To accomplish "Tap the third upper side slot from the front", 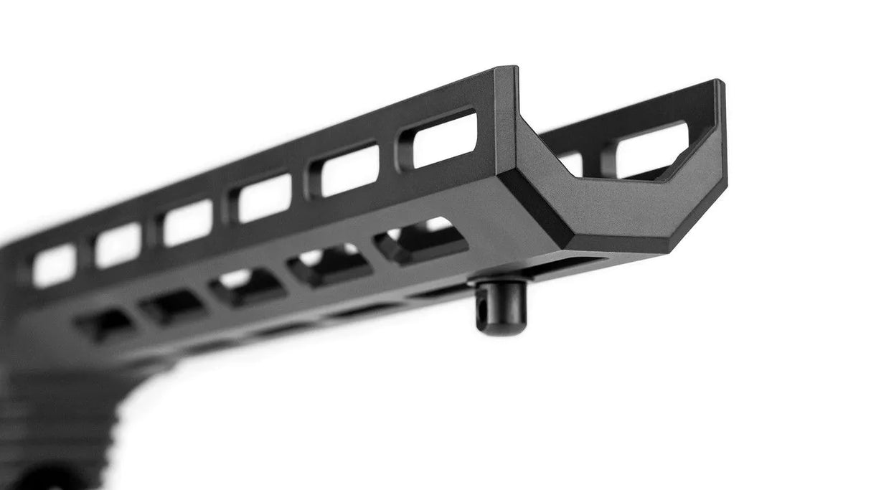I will (266, 197).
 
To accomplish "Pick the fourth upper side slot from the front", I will (189, 222).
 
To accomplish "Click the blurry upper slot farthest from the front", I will (55, 266).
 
